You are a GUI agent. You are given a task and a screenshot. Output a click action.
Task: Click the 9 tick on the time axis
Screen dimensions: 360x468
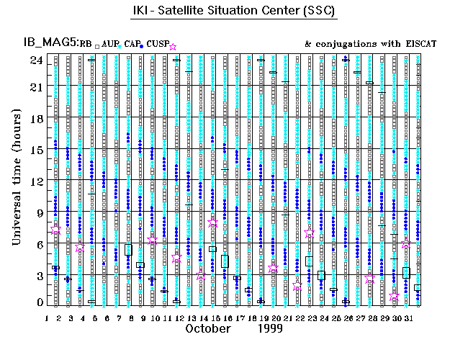coord(37,212)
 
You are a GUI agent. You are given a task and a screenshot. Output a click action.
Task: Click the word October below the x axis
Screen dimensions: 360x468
coord(208,328)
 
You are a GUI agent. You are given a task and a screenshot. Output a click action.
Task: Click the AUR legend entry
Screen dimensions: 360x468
coord(110,45)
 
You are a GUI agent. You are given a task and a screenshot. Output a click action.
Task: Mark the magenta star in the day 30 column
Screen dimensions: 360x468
coord(394,296)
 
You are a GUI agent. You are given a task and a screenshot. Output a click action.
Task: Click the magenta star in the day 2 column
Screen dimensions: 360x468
coord(55,230)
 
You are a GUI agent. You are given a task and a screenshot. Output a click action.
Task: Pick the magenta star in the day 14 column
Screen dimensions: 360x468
coord(201,276)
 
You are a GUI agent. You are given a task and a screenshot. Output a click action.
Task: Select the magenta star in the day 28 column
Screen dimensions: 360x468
coord(369,279)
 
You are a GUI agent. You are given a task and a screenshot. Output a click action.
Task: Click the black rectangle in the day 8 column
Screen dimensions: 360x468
coord(128,249)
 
